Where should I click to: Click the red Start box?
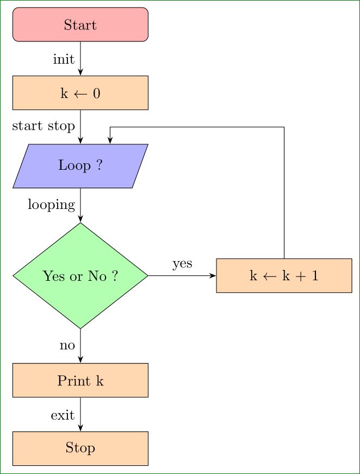80,24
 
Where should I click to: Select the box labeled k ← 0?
80,93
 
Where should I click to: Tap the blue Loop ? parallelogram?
80,166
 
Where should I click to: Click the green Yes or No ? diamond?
80,276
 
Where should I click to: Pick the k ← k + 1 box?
284,275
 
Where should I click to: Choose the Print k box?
80,380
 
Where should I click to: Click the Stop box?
80,448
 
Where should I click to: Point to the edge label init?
64,59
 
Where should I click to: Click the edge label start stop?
44,126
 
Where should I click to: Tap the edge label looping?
51,205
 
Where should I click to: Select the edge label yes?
182,264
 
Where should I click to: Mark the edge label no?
67,346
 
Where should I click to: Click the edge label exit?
63,415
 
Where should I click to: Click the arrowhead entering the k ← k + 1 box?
213,275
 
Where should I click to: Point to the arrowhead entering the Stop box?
80,428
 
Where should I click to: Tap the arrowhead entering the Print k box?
80,360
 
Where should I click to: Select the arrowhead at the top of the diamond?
80,219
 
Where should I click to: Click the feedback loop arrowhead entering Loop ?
110,140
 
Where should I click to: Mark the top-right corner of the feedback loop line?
284,127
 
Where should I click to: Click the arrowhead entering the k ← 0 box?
80,72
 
